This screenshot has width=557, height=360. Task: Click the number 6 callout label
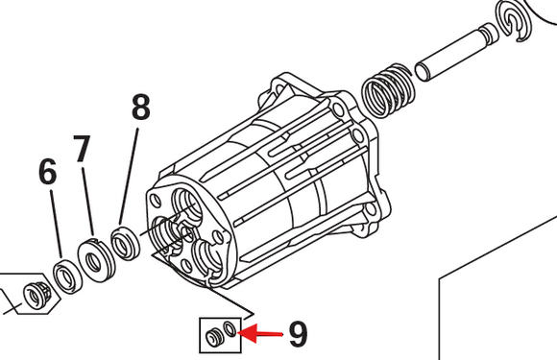[x=48, y=172]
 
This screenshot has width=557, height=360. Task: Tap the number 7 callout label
[x=82, y=149]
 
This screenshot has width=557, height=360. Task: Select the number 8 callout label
[x=140, y=107]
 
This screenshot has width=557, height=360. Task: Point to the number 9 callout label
[x=298, y=334]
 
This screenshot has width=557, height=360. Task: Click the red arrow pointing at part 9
[x=260, y=334]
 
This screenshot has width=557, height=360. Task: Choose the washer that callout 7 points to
[x=96, y=259]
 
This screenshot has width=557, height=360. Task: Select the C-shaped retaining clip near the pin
[x=515, y=21]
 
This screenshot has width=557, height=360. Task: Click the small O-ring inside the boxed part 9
[x=230, y=328]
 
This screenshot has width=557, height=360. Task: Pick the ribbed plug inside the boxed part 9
[x=214, y=337]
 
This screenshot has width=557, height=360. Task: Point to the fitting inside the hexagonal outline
[x=36, y=293]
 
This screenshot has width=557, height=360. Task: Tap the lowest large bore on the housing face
[x=207, y=259]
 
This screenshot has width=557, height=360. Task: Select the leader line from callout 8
[x=129, y=177]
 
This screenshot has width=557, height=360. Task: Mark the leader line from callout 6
[x=56, y=225]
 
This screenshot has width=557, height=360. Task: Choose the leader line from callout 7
[x=87, y=201]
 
